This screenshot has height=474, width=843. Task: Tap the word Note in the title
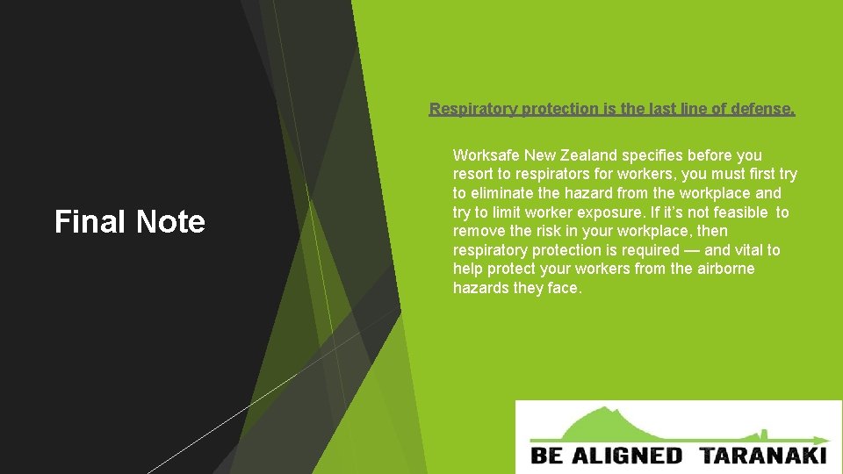pos(169,222)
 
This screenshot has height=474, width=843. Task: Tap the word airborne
pos(725,269)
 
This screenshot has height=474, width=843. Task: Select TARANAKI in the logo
pos(764,456)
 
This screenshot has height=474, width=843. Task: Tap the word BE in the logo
pos(547,456)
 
